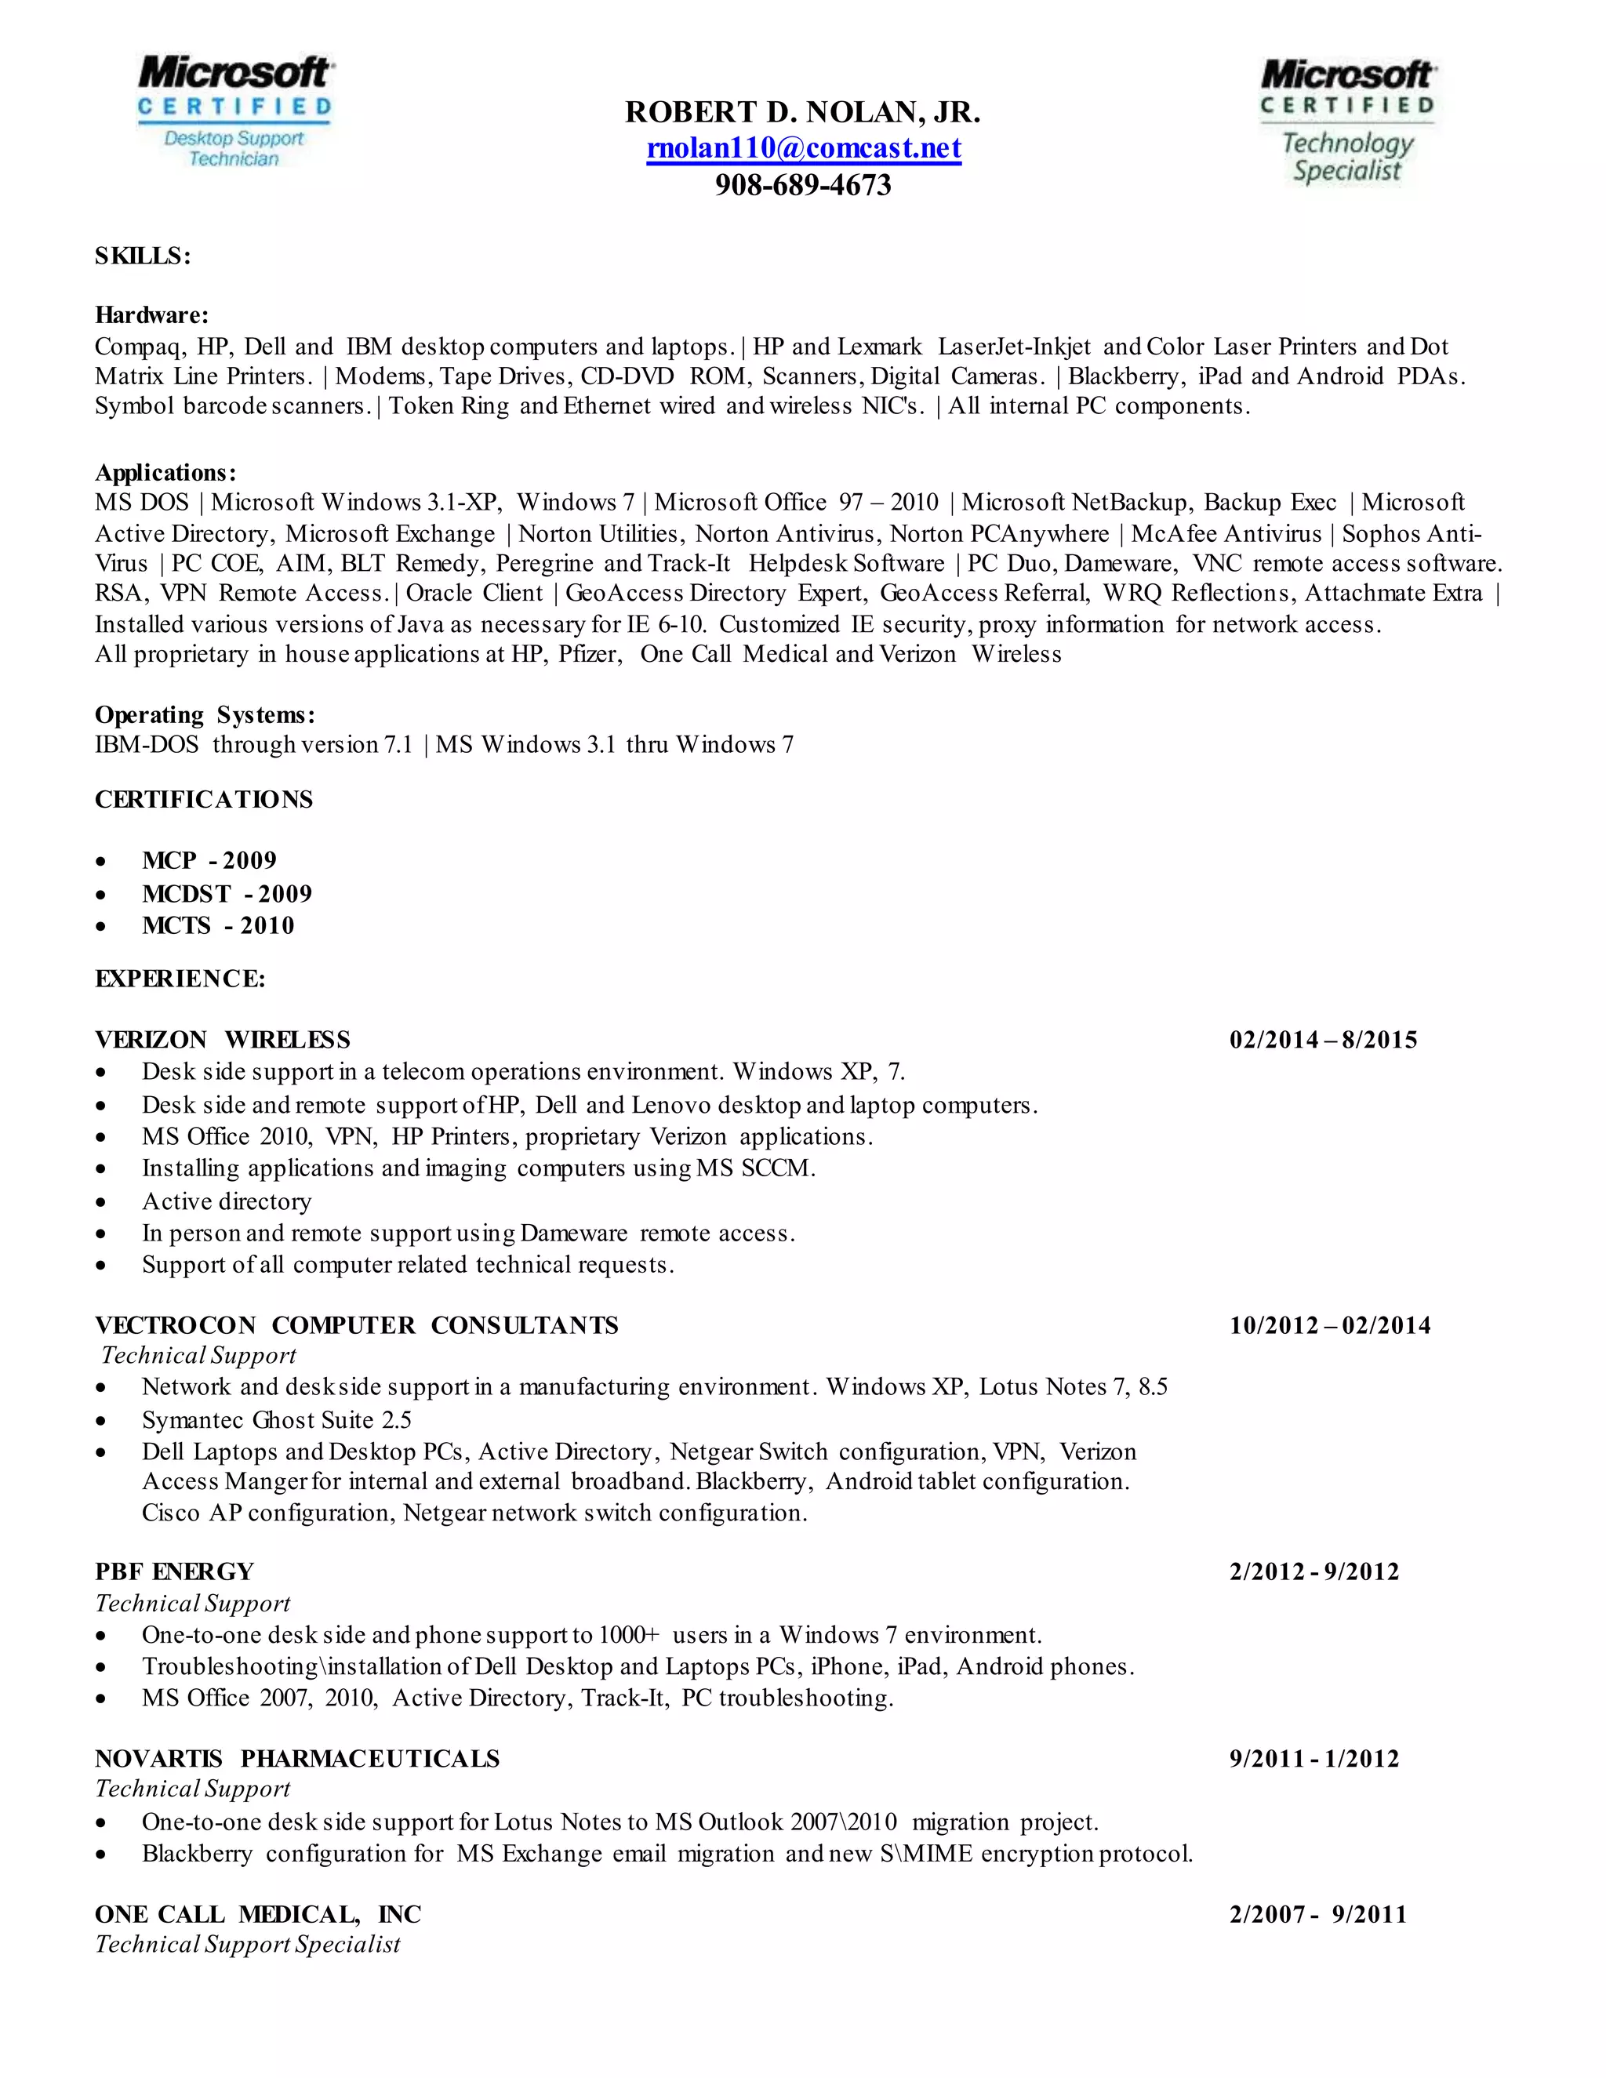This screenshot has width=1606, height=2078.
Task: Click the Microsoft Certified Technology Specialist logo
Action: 1347,120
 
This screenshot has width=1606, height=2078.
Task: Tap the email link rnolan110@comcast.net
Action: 803,148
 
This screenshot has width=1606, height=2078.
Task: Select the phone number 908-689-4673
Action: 803,184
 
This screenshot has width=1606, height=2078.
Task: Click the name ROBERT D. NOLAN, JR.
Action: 802,112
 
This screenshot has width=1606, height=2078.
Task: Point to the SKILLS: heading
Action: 143,256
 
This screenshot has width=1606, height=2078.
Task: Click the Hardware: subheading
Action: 151,315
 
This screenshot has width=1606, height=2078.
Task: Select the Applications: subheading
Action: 165,473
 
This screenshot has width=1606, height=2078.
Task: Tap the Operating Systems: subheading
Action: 205,714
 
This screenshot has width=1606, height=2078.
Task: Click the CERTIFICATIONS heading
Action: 204,799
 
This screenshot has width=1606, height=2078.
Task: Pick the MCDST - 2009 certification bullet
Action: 227,893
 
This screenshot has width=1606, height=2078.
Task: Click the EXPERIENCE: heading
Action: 180,979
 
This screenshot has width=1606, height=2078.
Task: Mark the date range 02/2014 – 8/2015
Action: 1322,1040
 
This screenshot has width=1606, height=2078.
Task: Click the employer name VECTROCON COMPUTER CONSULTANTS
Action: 357,1325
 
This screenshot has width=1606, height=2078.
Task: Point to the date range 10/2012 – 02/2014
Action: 1329,1325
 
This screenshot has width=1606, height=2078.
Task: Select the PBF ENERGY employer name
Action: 174,1571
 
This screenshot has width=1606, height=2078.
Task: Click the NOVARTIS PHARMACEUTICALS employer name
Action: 297,1758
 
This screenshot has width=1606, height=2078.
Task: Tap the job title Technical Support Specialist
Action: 247,1944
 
